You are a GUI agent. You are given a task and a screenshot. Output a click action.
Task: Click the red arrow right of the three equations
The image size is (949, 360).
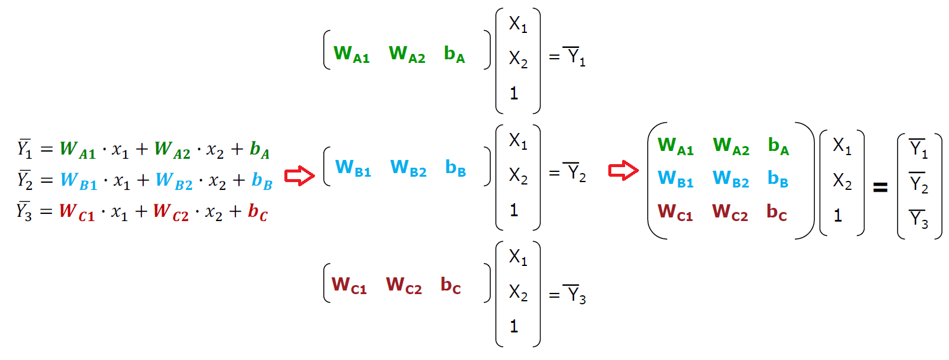pyautogui.click(x=299, y=176)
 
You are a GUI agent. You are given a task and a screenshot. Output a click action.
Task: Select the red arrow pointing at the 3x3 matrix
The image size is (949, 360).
pyautogui.click(x=623, y=171)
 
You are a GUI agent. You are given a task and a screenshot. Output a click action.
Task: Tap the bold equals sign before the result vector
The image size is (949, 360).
pyautogui.click(x=880, y=188)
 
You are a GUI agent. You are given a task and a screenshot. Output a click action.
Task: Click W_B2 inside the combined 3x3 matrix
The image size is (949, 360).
pyautogui.click(x=730, y=179)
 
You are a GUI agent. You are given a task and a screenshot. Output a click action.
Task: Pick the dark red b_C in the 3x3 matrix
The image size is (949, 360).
pyautogui.click(x=777, y=213)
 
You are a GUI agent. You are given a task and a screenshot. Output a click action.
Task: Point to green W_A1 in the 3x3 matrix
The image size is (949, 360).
pyautogui.click(x=675, y=146)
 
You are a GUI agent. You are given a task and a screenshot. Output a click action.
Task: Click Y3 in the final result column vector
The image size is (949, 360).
pyautogui.click(x=918, y=219)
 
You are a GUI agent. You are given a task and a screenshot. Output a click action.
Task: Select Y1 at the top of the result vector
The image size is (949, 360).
pyautogui.click(x=918, y=149)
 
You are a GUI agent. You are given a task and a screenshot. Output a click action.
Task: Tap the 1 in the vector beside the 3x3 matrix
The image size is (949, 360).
pyautogui.click(x=838, y=215)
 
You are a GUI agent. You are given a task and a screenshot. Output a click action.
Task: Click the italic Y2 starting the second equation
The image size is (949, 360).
pyautogui.click(x=25, y=180)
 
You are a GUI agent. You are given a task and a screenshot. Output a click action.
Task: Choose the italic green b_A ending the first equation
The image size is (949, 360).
pyautogui.click(x=260, y=149)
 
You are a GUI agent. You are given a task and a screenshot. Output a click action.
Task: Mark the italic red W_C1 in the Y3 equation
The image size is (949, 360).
pyautogui.click(x=77, y=212)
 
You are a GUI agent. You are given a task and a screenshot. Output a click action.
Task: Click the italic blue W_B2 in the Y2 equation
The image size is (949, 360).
pyautogui.click(x=174, y=180)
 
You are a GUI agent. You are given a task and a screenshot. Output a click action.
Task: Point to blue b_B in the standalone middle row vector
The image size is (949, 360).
pyautogui.click(x=456, y=168)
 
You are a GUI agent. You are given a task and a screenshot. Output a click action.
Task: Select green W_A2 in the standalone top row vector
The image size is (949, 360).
pyautogui.click(x=407, y=55)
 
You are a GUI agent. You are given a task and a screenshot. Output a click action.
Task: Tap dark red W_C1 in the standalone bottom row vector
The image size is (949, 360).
pyautogui.click(x=349, y=285)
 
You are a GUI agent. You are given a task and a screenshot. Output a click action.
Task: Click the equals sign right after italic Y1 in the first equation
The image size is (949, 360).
pyautogui.click(x=47, y=149)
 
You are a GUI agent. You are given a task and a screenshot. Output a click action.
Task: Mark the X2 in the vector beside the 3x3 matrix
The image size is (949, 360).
pyautogui.click(x=842, y=181)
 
